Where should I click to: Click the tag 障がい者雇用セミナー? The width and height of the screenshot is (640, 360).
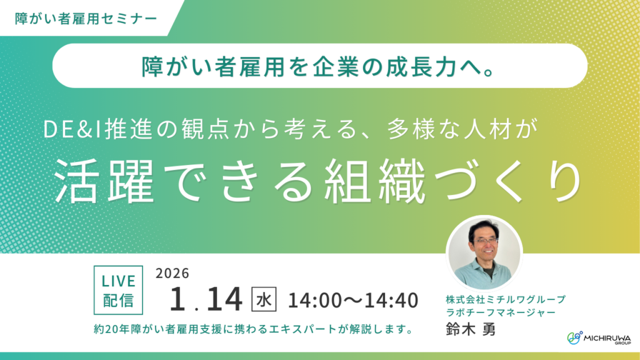[x=86, y=18]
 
